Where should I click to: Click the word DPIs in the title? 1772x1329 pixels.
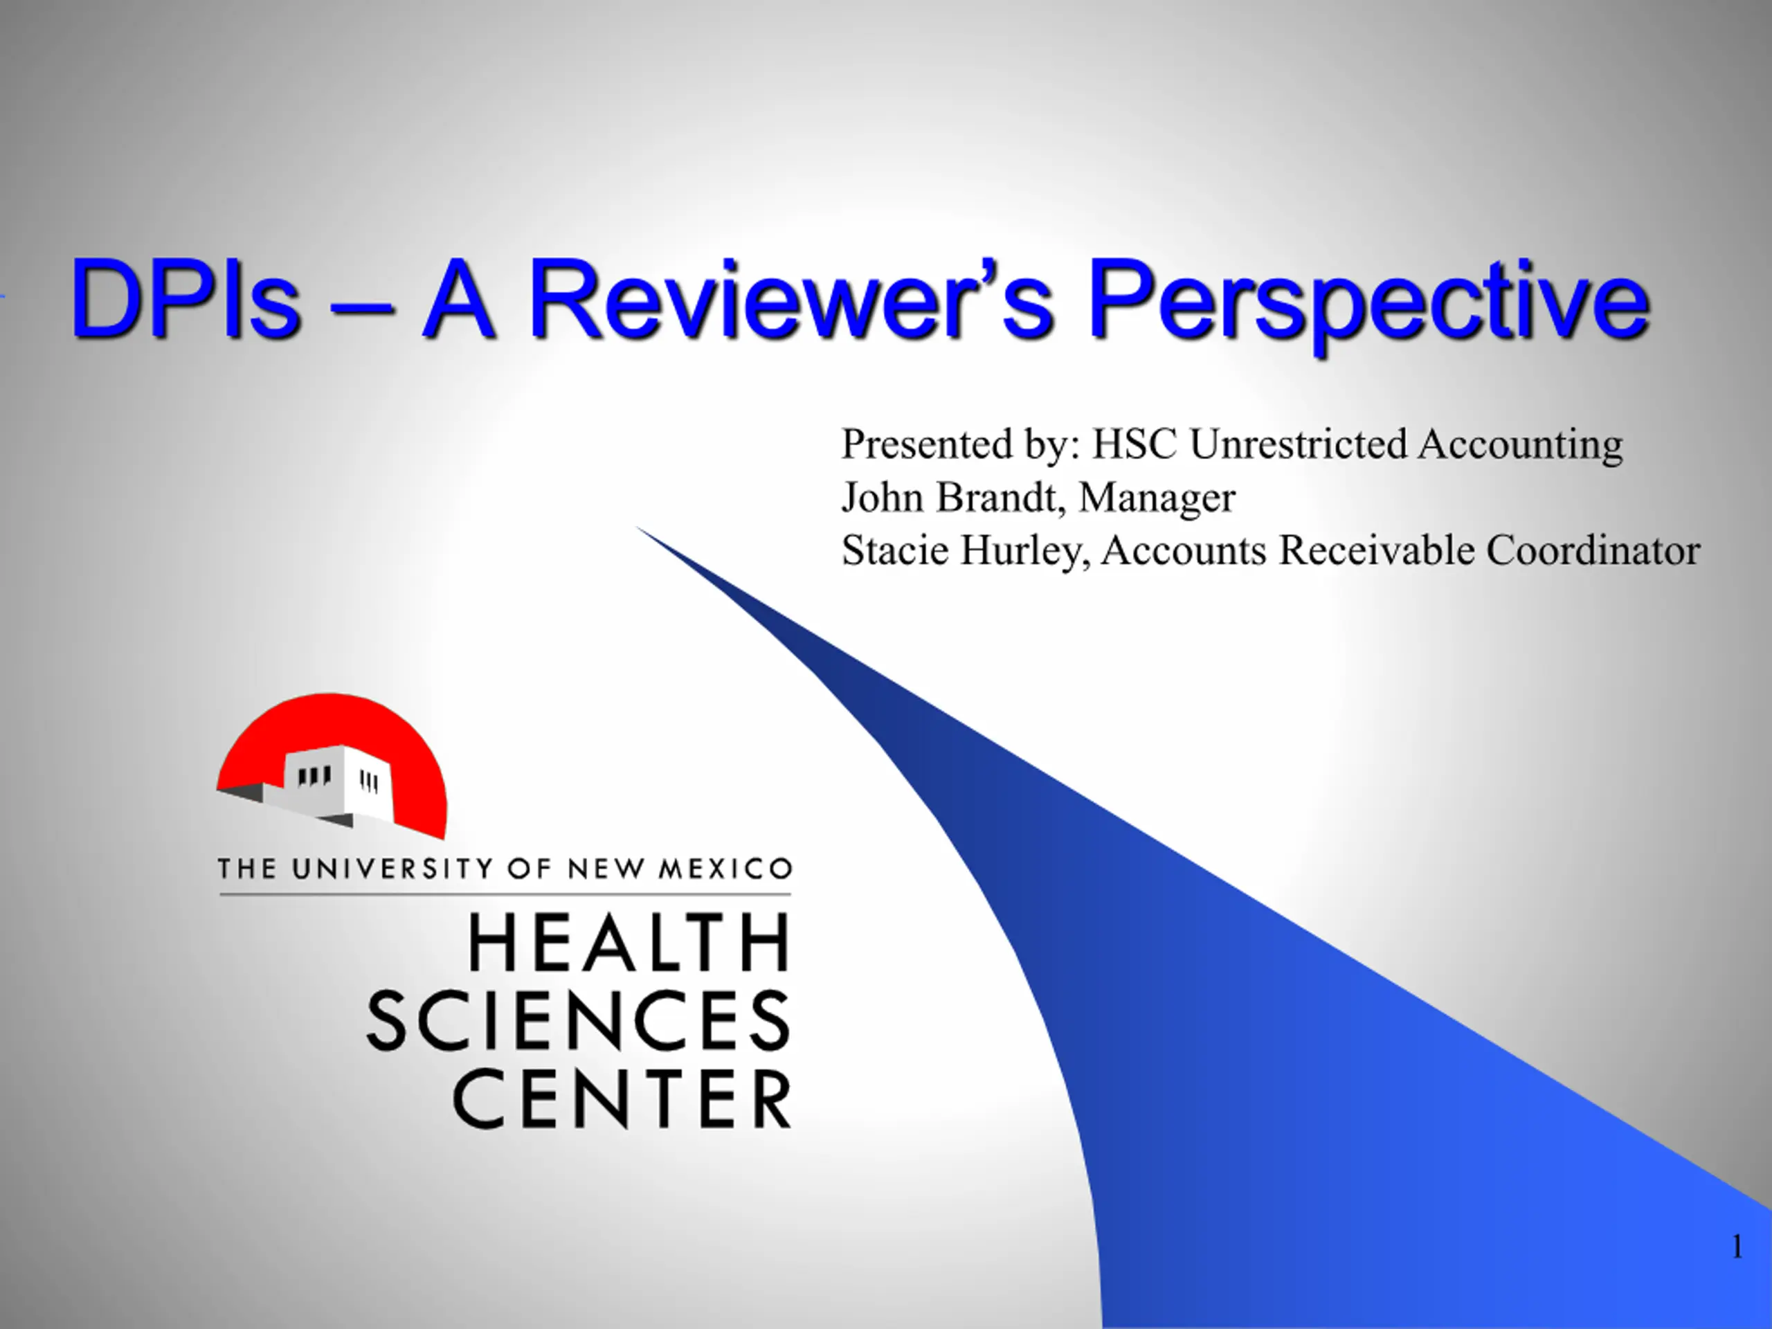(186, 298)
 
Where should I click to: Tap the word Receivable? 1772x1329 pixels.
(1376, 550)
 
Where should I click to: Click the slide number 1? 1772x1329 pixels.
(1737, 1247)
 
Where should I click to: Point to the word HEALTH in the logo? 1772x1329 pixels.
(629, 943)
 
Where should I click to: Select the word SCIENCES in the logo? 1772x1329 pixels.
(579, 1020)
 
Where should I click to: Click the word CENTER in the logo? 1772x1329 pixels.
(622, 1099)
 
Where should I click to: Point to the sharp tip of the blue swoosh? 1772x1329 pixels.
(638, 528)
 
